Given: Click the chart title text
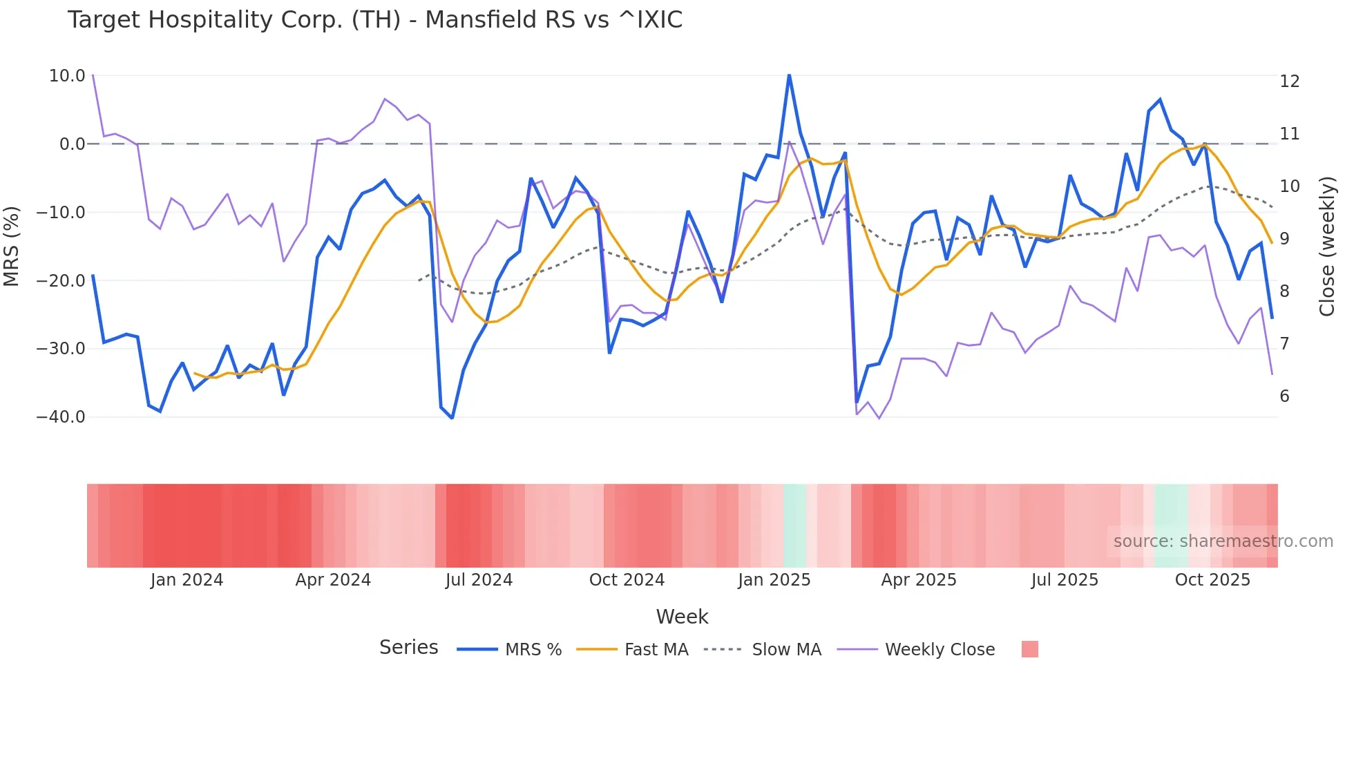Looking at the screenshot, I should (x=374, y=20).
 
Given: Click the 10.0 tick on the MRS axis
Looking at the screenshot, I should (x=67, y=76).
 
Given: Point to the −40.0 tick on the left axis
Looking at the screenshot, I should (x=61, y=417).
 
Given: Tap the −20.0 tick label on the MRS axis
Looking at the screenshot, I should (x=61, y=280).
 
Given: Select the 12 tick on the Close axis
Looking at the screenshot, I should (x=1289, y=81).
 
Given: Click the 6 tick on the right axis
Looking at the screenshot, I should (x=1284, y=396).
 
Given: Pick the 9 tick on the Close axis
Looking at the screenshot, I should (x=1284, y=239).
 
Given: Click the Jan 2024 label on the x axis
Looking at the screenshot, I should (x=187, y=580).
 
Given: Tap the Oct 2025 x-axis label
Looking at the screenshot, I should (x=1212, y=580).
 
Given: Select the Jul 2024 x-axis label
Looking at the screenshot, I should (x=479, y=580).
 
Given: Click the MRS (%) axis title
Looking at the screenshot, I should (x=12, y=246).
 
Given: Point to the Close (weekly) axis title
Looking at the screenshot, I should (x=1327, y=246).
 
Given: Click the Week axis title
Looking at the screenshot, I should (x=682, y=617).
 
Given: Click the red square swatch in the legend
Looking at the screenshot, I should (x=1029, y=649).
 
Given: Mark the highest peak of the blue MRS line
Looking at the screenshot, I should (x=789, y=75).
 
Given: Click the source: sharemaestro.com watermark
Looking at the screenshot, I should (x=1223, y=541).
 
